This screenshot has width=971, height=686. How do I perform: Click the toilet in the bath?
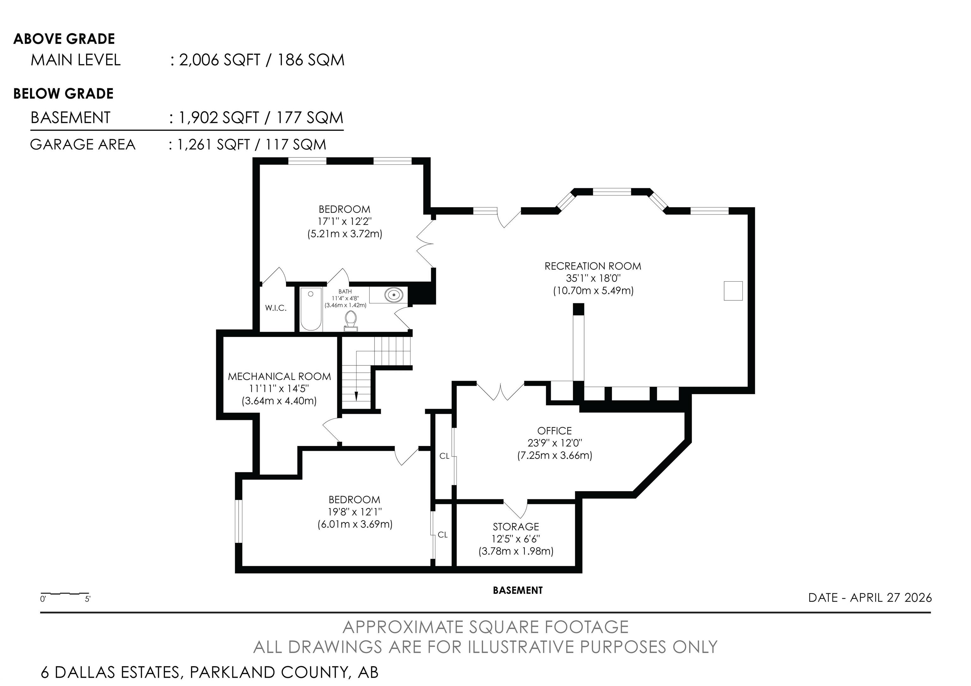coord(351,321)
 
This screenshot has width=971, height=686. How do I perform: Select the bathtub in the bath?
coord(311,309)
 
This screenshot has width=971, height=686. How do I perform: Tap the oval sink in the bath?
coord(393,294)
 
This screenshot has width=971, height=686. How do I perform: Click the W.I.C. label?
coord(276,308)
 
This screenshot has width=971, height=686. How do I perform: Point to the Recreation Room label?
coord(593,266)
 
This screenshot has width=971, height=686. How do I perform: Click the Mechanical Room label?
coord(279,377)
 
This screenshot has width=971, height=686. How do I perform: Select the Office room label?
coord(554,431)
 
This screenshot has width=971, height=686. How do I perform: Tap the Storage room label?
coord(516,527)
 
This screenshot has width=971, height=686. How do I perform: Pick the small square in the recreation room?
coord(733,291)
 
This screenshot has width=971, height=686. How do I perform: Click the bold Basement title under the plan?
coord(518,591)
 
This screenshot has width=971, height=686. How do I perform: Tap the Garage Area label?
coord(82,145)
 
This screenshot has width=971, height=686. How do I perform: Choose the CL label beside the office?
coord(444,456)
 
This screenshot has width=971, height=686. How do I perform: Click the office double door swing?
coord(501,392)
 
